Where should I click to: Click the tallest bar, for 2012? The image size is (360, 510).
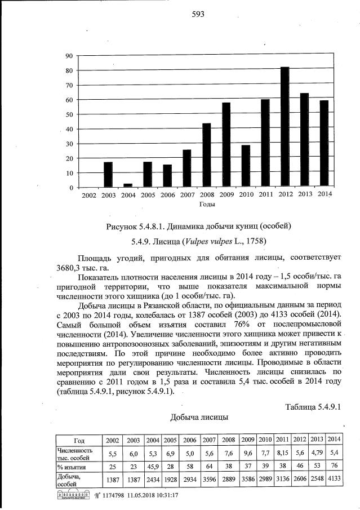pyautogui.click(x=285, y=127)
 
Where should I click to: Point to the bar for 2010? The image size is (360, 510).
pyautogui.click(x=245, y=166)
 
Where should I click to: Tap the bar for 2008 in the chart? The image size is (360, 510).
pyautogui.click(x=206, y=155)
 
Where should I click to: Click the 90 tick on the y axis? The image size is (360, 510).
pyautogui.click(x=69, y=56)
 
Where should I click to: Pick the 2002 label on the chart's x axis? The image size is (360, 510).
pyautogui.click(x=89, y=195)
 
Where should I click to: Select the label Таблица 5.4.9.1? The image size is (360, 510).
pyautogui.click(x=314, y=407)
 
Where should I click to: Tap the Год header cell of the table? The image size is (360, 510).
pyautogui.click(x=78, y=440)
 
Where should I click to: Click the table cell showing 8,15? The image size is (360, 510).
pyautogui.click(x=282, y=453)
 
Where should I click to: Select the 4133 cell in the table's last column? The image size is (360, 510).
pyautogui.click(x=334, y=480)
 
